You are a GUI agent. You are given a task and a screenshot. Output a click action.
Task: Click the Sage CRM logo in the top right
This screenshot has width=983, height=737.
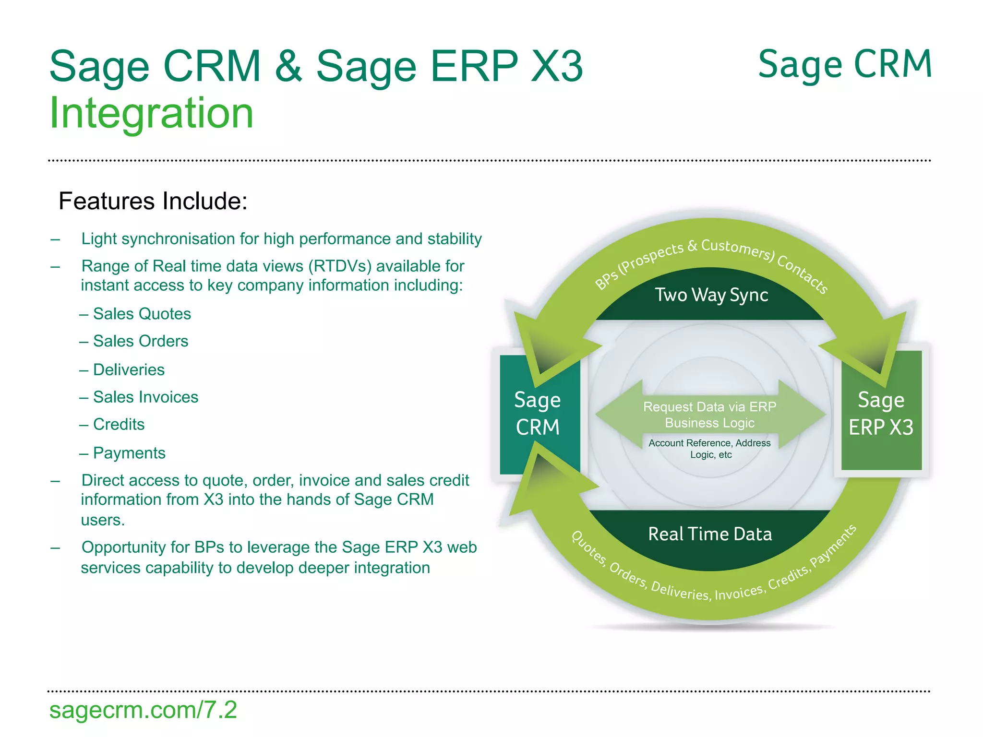coord(845,65)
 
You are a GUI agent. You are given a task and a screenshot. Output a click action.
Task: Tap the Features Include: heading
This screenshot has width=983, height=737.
coord(153,201)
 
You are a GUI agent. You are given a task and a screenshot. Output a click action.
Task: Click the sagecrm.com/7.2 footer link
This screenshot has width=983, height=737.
coord(143,710)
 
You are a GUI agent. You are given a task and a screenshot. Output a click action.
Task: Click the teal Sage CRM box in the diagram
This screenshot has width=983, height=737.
coord(538,414)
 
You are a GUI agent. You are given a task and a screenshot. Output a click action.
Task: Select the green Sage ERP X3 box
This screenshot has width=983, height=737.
coord(881,414)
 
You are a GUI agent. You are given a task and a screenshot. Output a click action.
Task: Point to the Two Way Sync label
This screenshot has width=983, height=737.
coord(711,295)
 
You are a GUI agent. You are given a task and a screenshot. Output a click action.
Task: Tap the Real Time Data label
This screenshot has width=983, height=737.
coord(710,534)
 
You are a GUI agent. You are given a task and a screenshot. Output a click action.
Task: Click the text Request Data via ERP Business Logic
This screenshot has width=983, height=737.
coord(709,415)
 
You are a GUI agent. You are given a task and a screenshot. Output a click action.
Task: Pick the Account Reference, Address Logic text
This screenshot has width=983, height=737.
coord(709,448)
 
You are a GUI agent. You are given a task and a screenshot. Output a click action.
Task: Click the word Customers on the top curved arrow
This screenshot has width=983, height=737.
coord(737,248)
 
